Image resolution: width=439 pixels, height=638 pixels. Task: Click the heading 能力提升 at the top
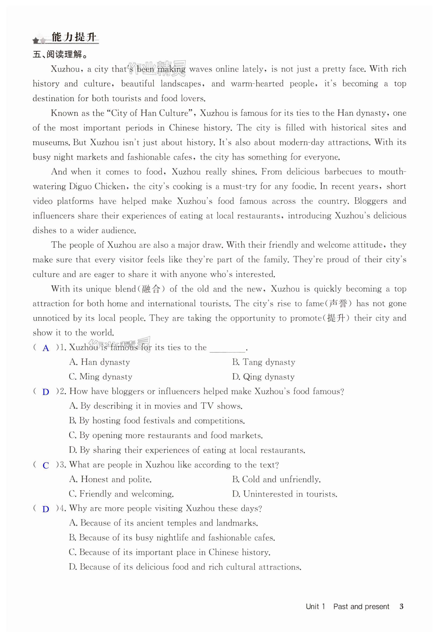[74, 37]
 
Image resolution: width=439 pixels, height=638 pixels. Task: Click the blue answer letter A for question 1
[46, 348]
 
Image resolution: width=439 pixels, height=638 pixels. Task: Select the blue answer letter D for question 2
[46, 392]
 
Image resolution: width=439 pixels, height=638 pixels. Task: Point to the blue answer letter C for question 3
[46, 465]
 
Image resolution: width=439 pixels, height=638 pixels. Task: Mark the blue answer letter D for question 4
[46, 509]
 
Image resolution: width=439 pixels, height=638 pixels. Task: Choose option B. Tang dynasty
[263, 362]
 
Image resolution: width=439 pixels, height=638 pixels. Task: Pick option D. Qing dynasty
[263, 377]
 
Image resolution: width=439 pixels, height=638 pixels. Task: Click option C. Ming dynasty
[100, 377]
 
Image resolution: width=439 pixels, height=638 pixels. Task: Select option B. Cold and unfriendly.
[276, 480]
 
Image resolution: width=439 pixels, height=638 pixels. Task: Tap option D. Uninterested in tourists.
[285, 494]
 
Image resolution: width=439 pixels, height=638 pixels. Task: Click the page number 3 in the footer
[401, 606]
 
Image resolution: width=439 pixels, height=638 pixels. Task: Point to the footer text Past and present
[361, 606]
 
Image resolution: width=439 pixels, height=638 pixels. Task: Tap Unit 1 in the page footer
[315, 606]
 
